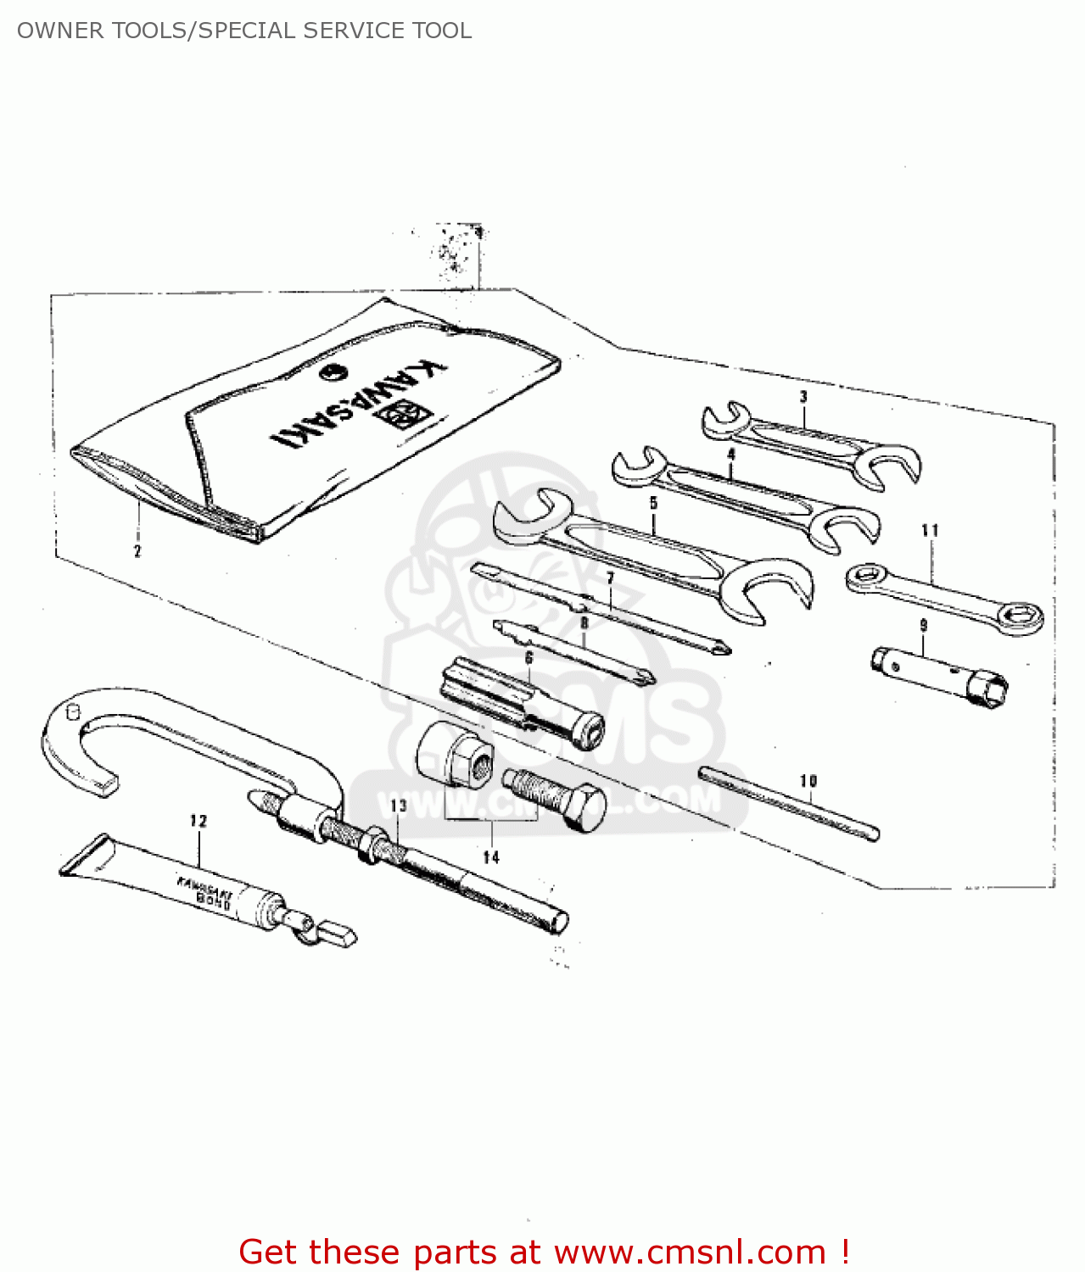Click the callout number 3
[x=803, y=396]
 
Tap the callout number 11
[x=931, y=530]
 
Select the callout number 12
[x=198, y=821]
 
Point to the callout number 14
[x=491, y=857]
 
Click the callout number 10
[x=808, y=780]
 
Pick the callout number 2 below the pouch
[x=137, y=551]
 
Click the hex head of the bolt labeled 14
[x=585, y=809]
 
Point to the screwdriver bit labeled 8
[x=577, y=648]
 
